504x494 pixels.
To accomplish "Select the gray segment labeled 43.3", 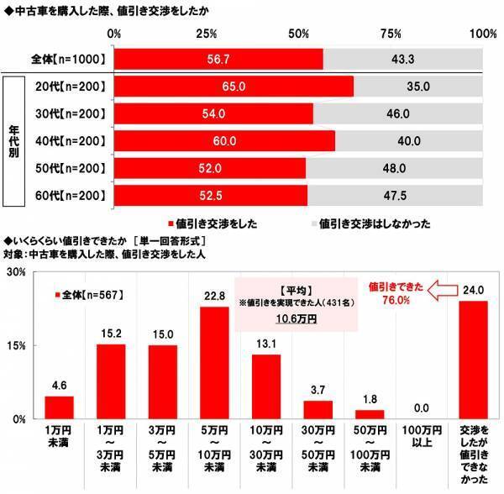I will (x=403, y=59).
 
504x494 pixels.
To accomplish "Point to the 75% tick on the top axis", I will (x=391, y=34).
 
